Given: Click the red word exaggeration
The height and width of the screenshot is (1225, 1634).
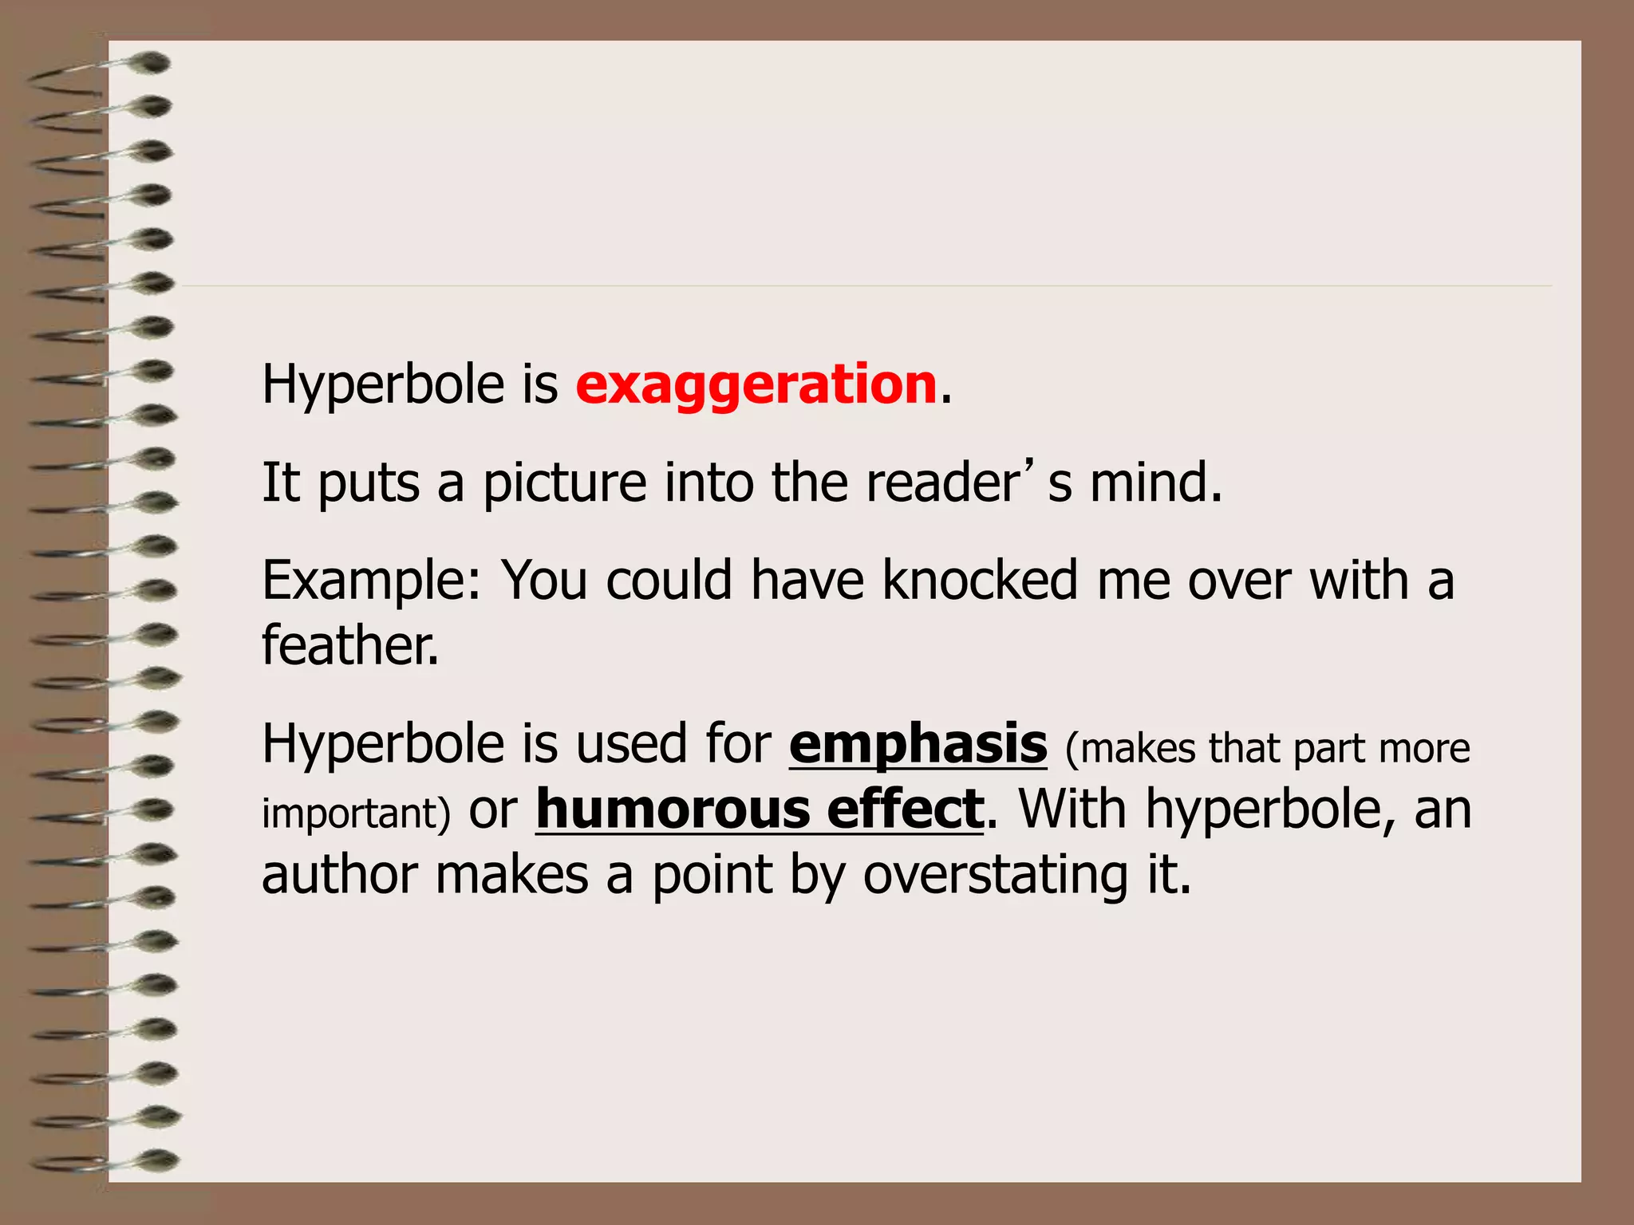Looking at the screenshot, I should click(756, 385).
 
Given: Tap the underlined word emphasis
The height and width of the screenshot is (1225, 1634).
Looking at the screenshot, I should click(918, 744).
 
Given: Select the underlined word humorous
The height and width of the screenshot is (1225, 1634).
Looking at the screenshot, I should click(672, 809).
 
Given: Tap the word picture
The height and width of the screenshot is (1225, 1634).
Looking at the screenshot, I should click(564, 484).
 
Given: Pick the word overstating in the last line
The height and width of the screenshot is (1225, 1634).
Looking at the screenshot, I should click(996, 876).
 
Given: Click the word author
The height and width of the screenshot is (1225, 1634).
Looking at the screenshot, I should click(339, 875).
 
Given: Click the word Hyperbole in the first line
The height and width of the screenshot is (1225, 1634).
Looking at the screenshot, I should click(383, 385).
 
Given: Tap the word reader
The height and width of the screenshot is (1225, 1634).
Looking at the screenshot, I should click(942, 484).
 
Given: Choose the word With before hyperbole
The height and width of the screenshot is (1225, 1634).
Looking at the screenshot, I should click(1072, 809).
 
